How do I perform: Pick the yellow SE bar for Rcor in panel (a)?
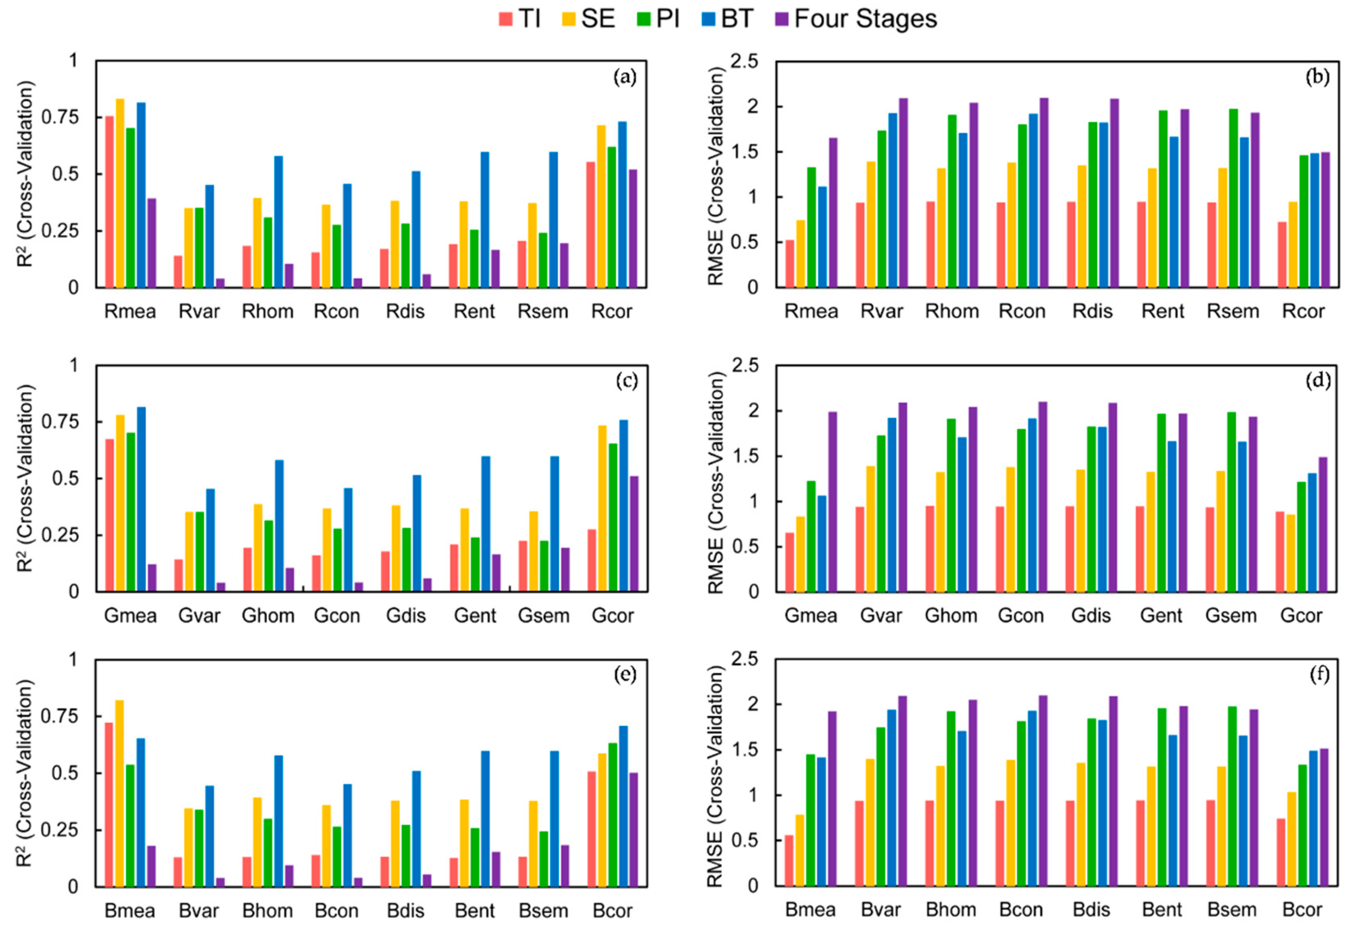coord(601,206)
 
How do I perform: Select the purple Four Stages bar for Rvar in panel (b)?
coord(903,193)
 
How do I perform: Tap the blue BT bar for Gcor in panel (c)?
coord(624,505)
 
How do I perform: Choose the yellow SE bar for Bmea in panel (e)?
coord(119,793)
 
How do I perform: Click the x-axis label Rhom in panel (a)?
coord(268,311)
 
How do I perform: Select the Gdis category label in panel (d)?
coord(1091,616)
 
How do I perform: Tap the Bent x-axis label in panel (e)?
coord(474,911)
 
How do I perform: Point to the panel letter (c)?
coord(626,382)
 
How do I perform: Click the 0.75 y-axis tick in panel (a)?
coord(61,117)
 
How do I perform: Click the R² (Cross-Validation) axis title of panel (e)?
coord(25,773)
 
